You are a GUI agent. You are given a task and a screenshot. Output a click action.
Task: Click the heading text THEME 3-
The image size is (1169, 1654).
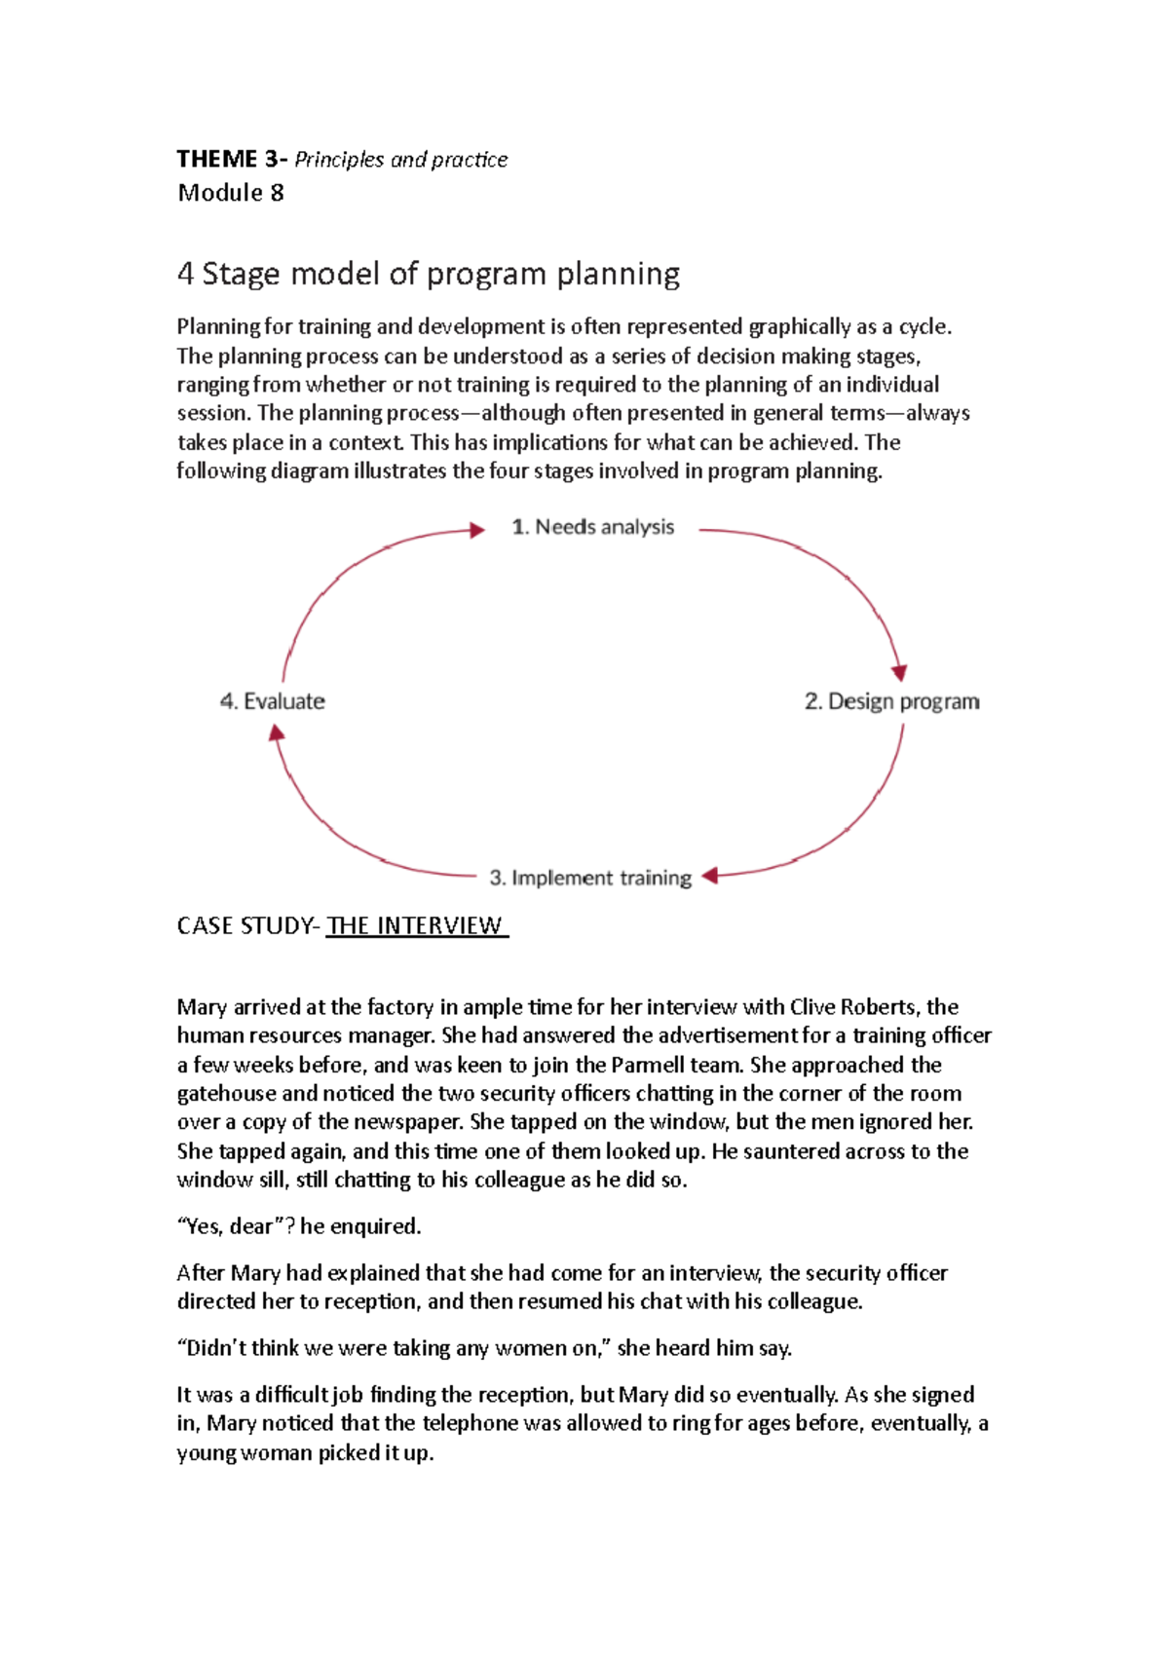click(232, 159)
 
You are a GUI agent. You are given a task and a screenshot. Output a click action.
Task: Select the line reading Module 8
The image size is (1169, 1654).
click(231, 193)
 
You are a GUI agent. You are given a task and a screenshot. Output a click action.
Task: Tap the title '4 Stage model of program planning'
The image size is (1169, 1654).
click(429, 274)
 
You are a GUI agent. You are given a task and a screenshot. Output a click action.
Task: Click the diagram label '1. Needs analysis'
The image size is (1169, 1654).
click(593, 527)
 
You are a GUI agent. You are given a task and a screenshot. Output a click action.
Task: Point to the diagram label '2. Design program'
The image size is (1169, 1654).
click(891, 701)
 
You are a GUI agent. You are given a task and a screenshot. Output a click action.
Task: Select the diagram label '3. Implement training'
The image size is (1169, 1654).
click(590, 878)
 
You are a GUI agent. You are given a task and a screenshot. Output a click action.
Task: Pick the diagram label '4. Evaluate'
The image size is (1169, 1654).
click(273, 701)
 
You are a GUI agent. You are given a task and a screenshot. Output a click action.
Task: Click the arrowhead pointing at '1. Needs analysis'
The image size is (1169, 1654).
click(477, 530)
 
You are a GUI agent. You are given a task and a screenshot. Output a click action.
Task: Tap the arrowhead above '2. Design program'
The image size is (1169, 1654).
click(899, 673)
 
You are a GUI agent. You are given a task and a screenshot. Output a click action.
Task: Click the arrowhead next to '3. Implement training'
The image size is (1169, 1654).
click(710, 876)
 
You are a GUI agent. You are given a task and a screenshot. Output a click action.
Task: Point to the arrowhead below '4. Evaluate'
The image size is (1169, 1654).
click(277, 733)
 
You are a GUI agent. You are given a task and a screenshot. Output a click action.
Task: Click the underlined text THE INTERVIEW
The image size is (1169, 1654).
click(416, 925)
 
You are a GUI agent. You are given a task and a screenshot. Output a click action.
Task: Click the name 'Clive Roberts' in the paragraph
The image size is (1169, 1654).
click(853, 1006)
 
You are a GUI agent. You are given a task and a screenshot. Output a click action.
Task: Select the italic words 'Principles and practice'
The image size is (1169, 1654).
click(400, 160)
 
